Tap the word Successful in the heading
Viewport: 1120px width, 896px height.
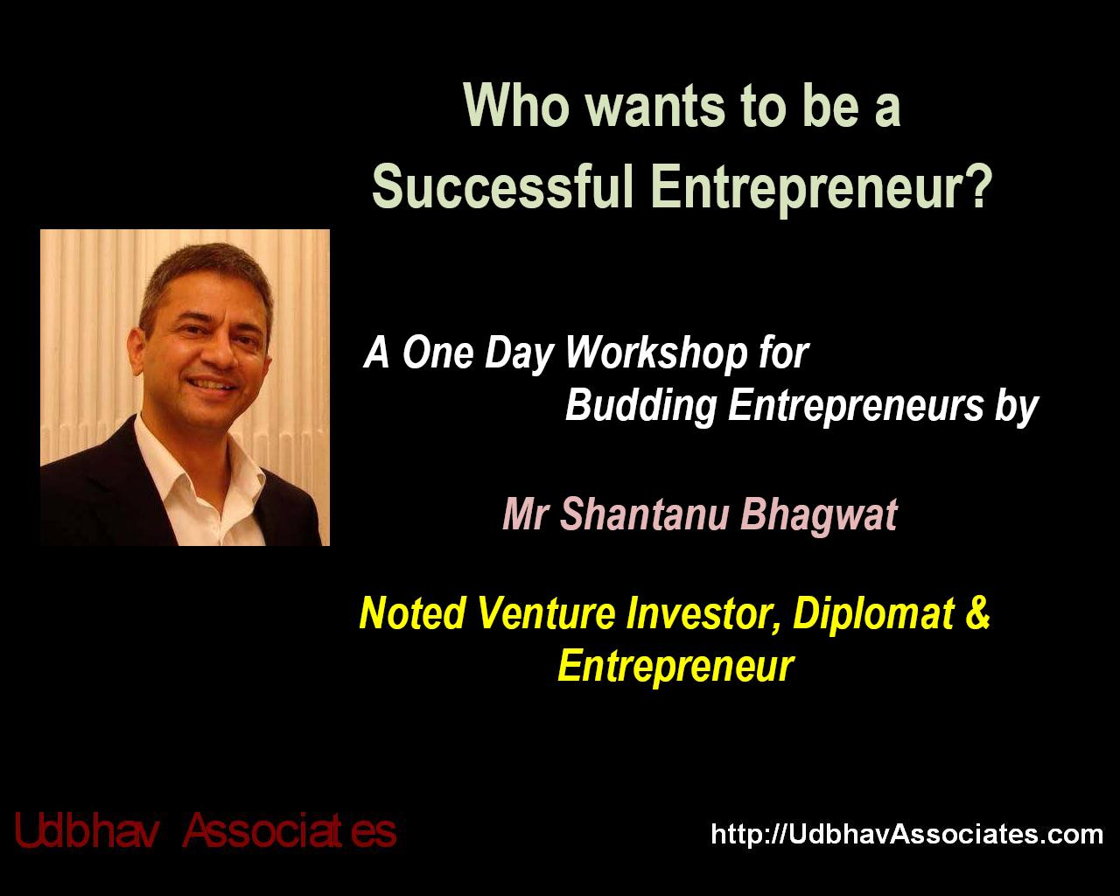tap(503, 186)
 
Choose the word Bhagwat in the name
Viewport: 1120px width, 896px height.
tap(819, 515)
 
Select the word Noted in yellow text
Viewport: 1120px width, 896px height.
tap(411, 612)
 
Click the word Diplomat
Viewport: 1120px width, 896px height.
tap(873, 614)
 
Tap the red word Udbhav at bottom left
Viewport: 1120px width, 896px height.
tap(86, 831)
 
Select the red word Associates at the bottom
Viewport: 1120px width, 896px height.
tap(290, 831)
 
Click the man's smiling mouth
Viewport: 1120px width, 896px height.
tap(214, 384)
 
